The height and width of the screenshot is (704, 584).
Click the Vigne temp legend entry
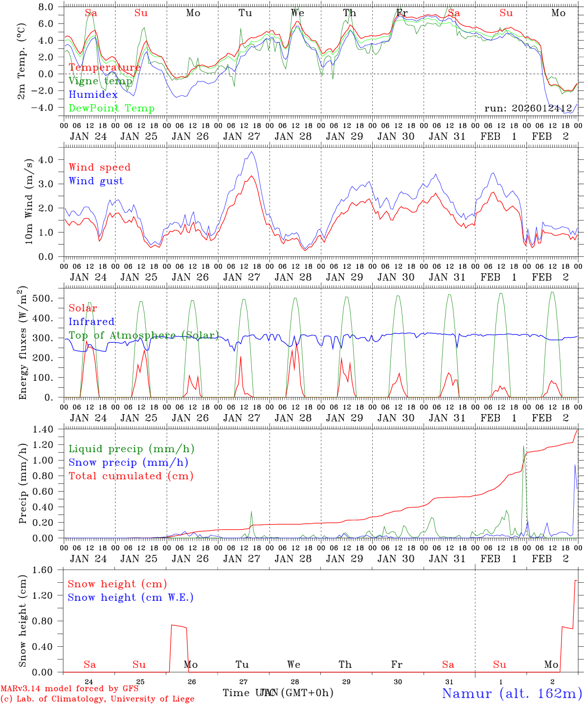tap(100, 81)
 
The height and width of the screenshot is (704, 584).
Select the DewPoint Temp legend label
tap(112, 108)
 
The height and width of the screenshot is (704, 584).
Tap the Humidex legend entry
tap(93, 94)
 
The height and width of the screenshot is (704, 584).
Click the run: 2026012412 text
tap(528, 108)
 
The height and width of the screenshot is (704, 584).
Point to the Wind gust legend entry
tap(96, 181)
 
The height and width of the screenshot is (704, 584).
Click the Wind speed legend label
tap(100, 167)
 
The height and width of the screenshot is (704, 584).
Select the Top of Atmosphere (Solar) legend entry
tap(144, 335)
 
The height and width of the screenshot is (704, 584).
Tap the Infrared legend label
tap(91, 322)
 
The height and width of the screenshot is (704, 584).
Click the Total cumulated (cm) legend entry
tap(131, 476)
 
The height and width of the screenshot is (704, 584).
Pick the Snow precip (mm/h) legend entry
tap(128, 462)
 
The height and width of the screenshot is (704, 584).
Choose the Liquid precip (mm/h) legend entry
tap(132, 449)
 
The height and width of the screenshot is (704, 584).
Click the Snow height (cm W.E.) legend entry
tap(131, 597)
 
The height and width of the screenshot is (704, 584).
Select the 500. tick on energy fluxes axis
tap(48, 298)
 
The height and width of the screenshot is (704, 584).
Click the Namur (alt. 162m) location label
tap(512, 693)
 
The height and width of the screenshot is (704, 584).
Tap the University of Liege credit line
tap(97, 699)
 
